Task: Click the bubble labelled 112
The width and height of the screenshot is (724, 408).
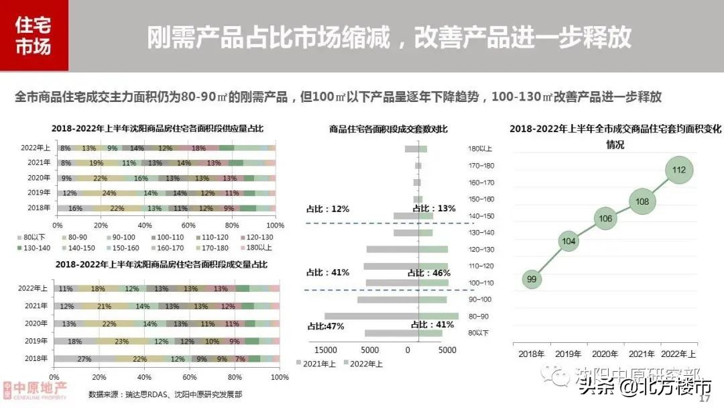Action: [x=678, y=170]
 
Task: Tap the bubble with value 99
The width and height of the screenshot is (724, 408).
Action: [x=532, y=279]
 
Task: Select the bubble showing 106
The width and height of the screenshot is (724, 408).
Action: [x=605, y=219]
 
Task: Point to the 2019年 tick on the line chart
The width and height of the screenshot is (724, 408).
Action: [x=569, y=353]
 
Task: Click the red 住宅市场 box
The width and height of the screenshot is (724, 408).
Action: [x=34, y=36]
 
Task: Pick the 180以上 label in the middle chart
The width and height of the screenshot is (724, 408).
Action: [x=482, y=149]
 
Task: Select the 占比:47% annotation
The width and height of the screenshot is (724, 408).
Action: [x=326, y=325]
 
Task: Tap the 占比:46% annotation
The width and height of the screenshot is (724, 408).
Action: [x=428, y=273]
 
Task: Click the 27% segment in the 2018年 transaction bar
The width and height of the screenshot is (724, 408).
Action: [x=85, y=358]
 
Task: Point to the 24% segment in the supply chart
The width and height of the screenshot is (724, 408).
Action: [x=109, y=193]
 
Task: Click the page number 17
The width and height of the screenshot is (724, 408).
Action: [x=704, y=399]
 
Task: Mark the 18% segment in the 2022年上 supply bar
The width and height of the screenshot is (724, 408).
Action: [x=198, y=148]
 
